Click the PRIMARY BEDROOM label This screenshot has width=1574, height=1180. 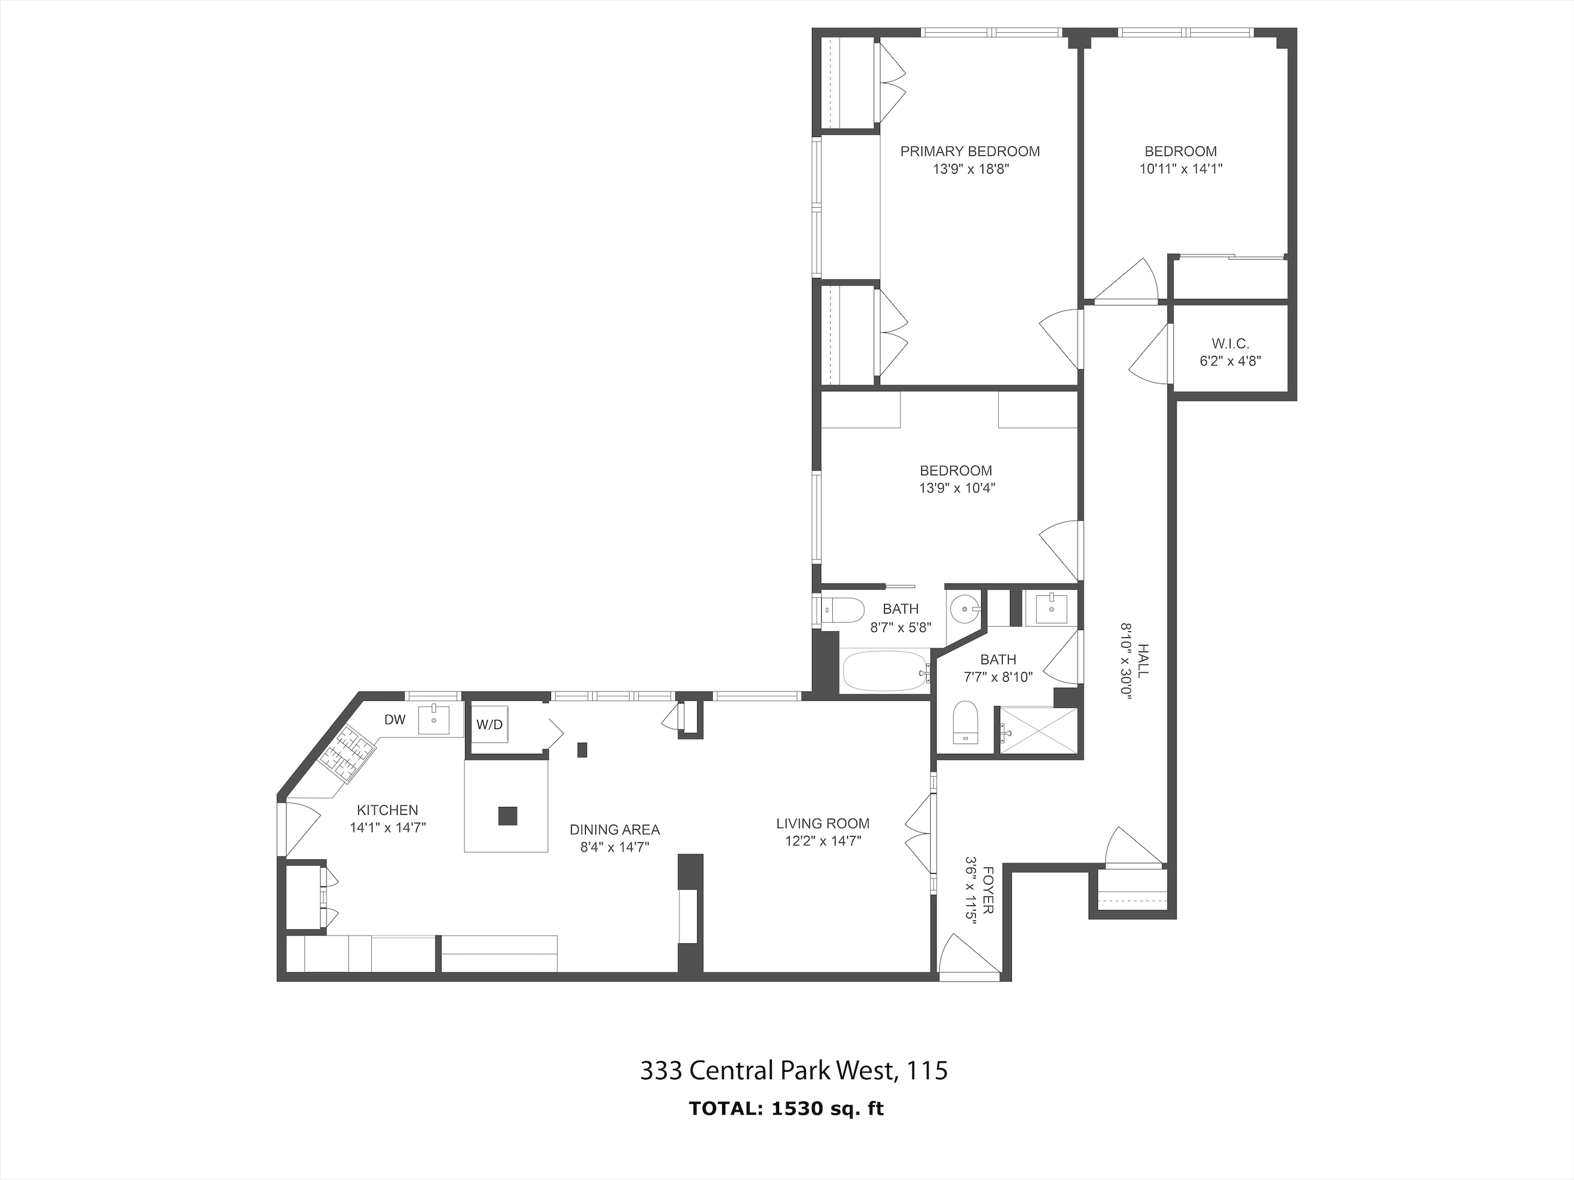coord(970,151)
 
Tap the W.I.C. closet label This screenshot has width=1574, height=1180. coord(1230,344)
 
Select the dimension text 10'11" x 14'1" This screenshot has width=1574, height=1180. coord(1180,169)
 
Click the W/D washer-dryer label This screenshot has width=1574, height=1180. coord(489,725)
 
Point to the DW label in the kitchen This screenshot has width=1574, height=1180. coord(395,720)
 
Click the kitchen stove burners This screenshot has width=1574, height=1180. coord(347,753)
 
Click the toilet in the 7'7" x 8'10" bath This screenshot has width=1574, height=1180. coord(965,721)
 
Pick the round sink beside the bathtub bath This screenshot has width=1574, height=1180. coord(965,609)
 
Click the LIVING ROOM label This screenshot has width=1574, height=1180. coord(822,823)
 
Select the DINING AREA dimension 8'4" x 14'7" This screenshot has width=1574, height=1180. coord(614,847)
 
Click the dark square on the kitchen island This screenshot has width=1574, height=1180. coord(508,815)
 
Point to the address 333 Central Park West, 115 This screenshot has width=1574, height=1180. coord(794,1071)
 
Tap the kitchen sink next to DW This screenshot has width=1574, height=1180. coord(434,720)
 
